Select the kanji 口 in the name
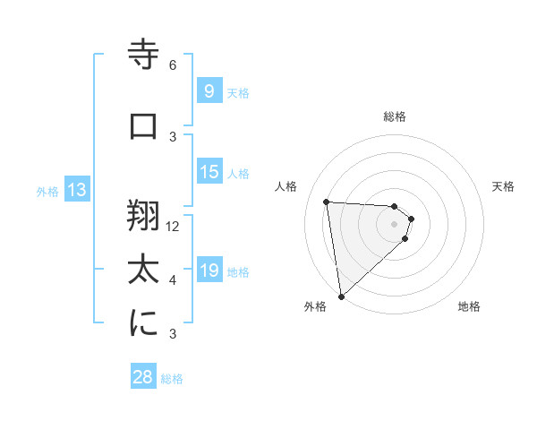pyautogui.click(x=144, y=126)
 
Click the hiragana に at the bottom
pyautogui.click(x=144, y=324)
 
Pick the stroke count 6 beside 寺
pyautogui.click(x=173, y=65)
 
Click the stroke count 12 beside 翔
pyautogui.click(x=173, y=227)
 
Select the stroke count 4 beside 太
pyautogui.click(x=173, y=280)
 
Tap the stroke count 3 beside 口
pyautogui.click(x=173, y=136)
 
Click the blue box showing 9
pyautogui.click(x=209, y=91)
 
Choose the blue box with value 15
pyautogui.click(x=209, y=172)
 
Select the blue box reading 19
pyautogui.click(x=209, y=271)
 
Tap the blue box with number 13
pyautogui.click(x=76, y=190)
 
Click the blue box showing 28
pyautogui.click(x=142, y=377)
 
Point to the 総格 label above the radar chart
pyautogui.click(x=394, y=116)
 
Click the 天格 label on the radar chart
pyautogui.click(x=503, y=186)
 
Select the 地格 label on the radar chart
pyautogui.click(x=469, y=306)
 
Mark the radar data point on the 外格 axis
pyautogui.click(x=341, y=296)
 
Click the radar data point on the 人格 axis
pyautogui.click(x=327, y=202)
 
